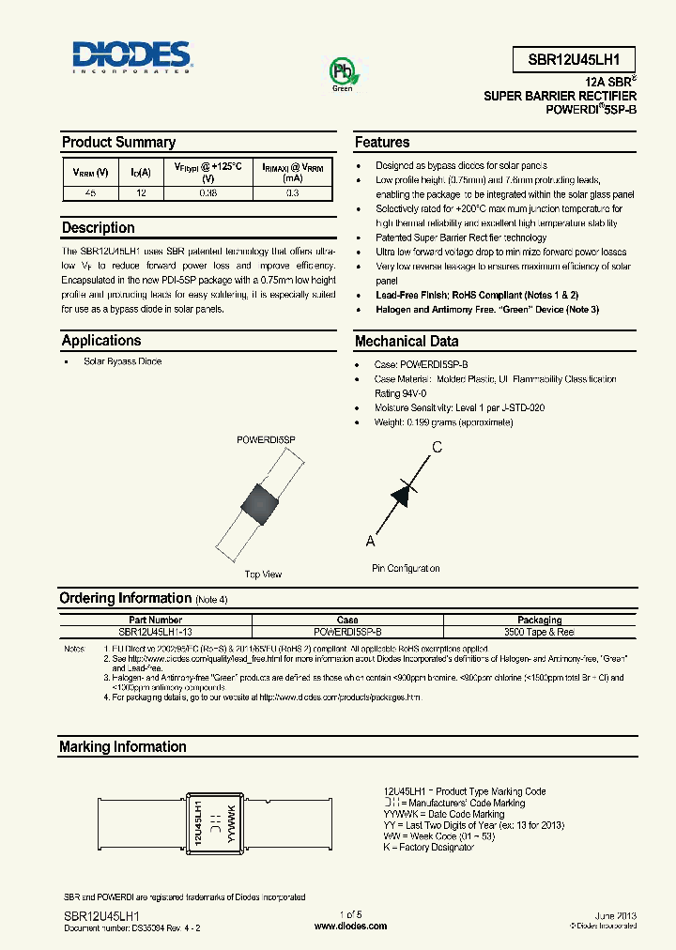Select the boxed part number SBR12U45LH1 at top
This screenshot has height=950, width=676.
[575, 58]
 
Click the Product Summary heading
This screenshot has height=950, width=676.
[118, 143]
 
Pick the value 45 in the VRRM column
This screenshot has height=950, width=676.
[90, 192]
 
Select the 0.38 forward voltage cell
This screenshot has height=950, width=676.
[208, 192]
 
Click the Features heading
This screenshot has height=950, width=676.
[381, 143]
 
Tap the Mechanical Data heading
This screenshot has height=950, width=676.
[406, 342]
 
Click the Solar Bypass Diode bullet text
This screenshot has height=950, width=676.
[122, 361]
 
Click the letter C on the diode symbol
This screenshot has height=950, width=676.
[437, 448]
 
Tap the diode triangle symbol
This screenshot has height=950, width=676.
[403, 493]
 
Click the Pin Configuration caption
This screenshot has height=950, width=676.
[405, 569]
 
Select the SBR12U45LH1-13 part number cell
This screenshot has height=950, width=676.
[156, 631]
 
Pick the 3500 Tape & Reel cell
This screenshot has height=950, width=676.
[539, 631]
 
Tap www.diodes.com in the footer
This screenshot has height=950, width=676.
[350, 926]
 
